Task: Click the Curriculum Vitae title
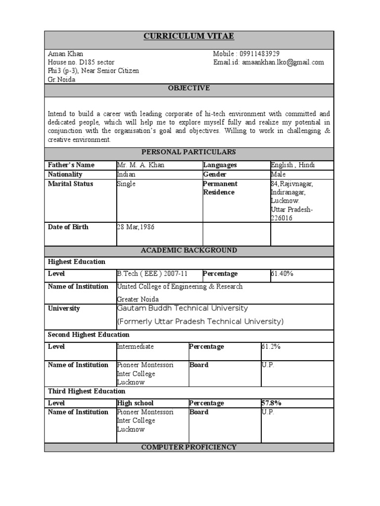[x=189, y=37]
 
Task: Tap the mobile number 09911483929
[x=260, y=53]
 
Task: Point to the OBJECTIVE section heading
[x=189, y=88]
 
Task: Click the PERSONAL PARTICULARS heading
[x=189, y=152]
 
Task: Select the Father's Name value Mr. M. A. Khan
[x=140, y=165]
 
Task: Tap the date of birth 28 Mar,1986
[x=136, y=227]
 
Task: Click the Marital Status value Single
[x=126, y=184]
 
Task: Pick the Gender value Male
[x=278, y=174]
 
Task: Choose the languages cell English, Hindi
[x=293, y=165]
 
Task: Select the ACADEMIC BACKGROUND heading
[x=189, y=251]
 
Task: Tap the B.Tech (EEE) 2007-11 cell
[x=152, y=274]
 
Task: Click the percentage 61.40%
[x=283, y=274]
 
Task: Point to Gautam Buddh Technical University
[x=182, y=308]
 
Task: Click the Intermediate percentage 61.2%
[x=271, y=347]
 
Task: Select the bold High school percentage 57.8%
[x=271, y=403]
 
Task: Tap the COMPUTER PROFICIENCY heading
[x=189, y=447]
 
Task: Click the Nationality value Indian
[x=126, y=174]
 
